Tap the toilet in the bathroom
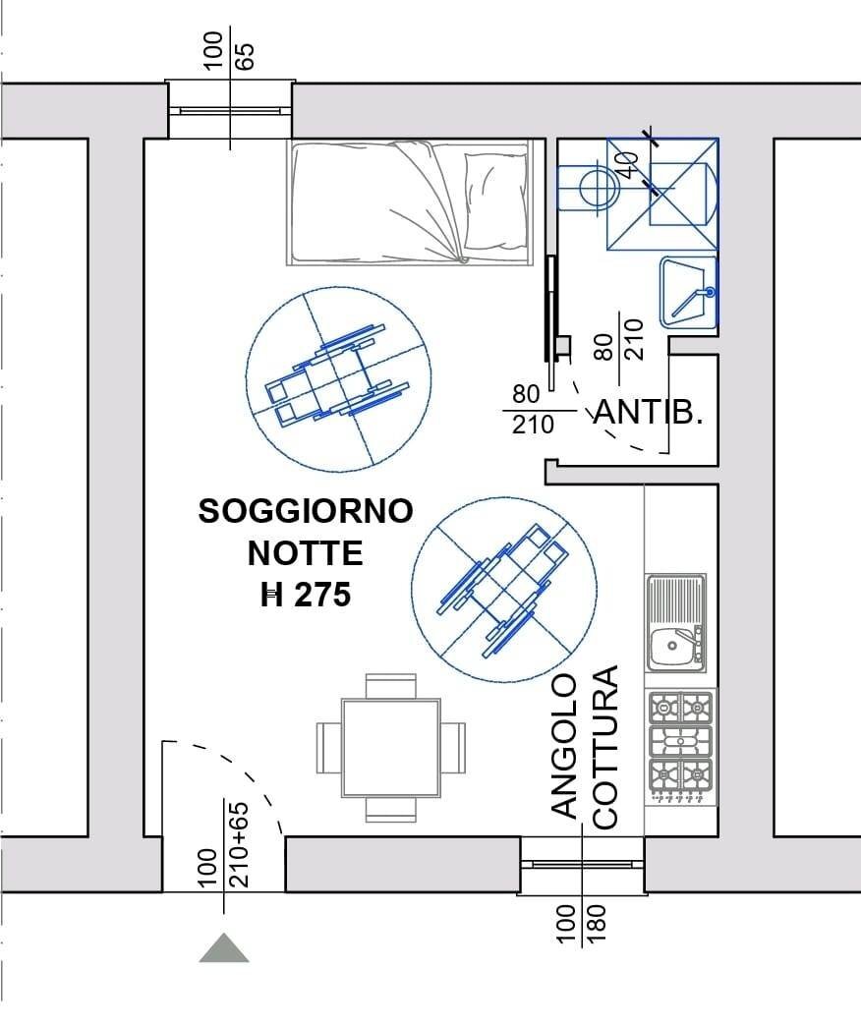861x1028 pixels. click(586, 185)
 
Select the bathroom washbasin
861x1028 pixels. click(689, 291)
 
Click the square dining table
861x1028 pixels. click(390, 748)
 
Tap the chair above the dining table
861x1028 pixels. click(390, 685)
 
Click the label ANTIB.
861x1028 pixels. click(650, 414)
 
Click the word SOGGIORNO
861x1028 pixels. click(306, 512)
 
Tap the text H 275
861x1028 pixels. click(306, 595)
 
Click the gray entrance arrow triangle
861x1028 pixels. click(224, 948)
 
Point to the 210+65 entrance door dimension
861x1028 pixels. click(239, 845)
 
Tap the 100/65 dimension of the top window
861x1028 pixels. click(230, 49)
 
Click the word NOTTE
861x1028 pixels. click(305, 553)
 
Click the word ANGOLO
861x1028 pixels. click(563, 746)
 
